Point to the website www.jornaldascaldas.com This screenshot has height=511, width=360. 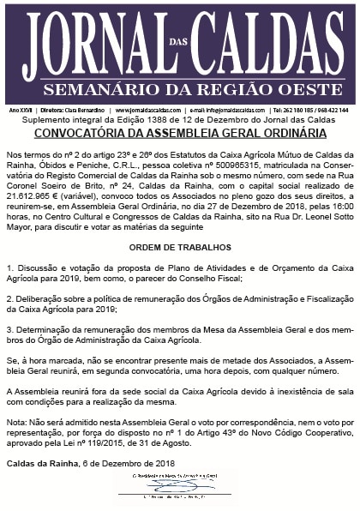(147, 111)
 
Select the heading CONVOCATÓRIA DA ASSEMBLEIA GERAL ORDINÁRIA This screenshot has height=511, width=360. (180, 134)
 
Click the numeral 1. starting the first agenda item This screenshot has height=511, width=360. (9, 269)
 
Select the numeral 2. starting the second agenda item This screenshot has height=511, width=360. (9, 302)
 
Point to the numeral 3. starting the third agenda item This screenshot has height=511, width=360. (9, 328)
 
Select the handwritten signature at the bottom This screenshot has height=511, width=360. (178, 485)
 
